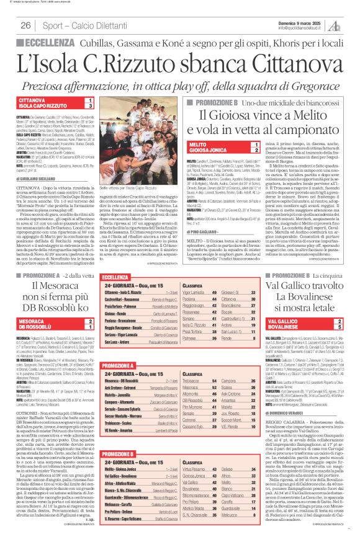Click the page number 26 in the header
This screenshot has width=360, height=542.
25,25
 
